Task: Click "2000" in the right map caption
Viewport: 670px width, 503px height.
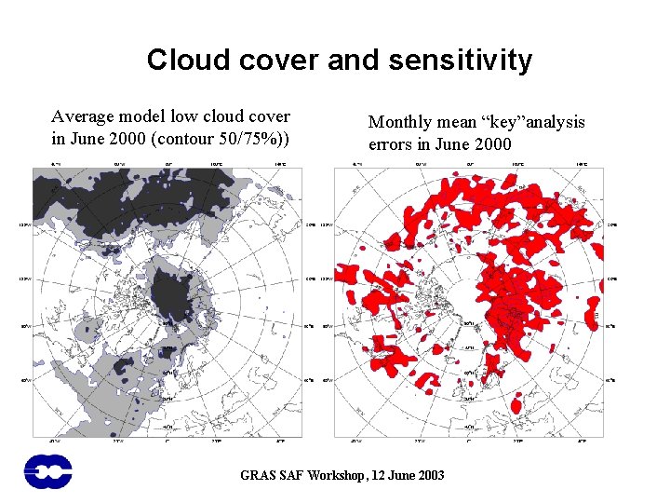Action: coord(492,144)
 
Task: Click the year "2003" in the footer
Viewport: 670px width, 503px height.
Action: coord(430,475)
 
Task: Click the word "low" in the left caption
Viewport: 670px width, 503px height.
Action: coord(194,117)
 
